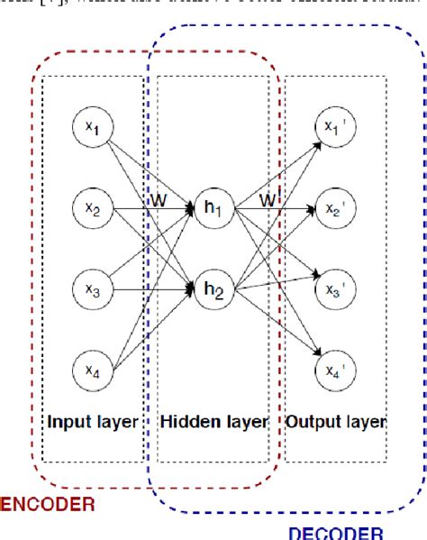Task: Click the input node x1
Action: (x=94, y=132)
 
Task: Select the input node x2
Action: (x=94, y=210)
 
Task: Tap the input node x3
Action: (x=94, y=288)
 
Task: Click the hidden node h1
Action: (x=213, y=210)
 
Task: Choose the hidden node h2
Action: (x=213, y=288)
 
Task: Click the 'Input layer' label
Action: (x=93, y=421)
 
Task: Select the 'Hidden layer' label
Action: (x=213, y=421)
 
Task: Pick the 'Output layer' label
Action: (x=335, y=421)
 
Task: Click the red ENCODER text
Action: (x=47, y=504)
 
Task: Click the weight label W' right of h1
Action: (x=268, y=197)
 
